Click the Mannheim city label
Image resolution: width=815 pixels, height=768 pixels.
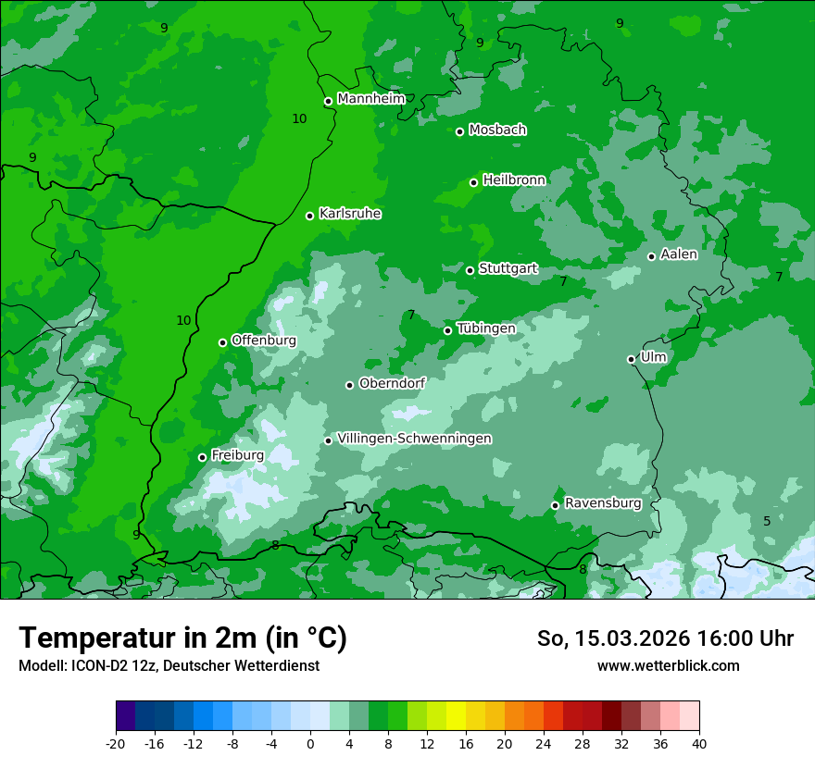[x=370, y=98]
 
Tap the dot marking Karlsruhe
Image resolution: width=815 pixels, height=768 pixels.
[x=310, y=216]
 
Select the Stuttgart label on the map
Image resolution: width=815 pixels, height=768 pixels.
[x=508, y=268]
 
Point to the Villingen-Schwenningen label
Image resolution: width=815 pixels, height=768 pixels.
[x=414, y=439]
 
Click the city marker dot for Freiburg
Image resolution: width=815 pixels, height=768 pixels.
[x=202, y=457]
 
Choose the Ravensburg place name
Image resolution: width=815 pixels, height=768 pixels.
[x=603, y=503]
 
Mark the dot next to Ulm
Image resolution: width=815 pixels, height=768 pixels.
[x=632, y=359]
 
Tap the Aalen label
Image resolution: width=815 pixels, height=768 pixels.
[x=679, y=254]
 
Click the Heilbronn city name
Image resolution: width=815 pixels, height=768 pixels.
[x=514, y=180]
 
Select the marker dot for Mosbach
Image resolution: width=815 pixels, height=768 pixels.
[x=459, y=131]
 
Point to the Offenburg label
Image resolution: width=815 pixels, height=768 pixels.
[x=264, y=341]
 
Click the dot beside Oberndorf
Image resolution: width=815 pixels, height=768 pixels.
[x=350, y=385]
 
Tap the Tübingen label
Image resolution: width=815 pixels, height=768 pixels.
[x=486, y=328]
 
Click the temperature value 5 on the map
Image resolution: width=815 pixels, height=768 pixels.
[x=767, y=521]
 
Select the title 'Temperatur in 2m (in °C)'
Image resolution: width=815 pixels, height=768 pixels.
[x=182, y=638]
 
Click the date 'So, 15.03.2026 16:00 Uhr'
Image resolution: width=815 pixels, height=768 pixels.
[x=665, y=638]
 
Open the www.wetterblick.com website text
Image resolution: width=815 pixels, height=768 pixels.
[x=668, y=666]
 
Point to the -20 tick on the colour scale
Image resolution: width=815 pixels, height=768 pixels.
[x=116, y=743]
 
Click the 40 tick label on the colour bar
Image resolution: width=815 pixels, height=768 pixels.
[x=698, y=743]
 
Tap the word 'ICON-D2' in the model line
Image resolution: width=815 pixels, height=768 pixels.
[x=94, y=666]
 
